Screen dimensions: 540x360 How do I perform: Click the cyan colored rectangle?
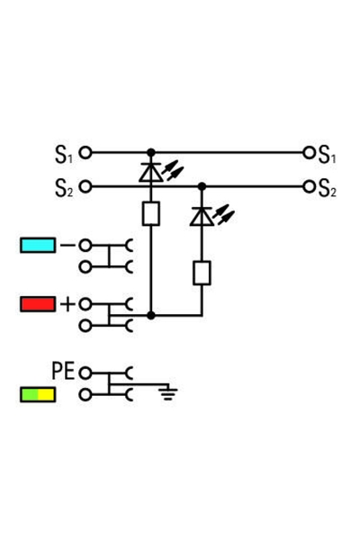click(37, 245)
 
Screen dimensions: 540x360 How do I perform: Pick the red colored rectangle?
click(37, 304)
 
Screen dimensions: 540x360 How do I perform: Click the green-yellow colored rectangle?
click(37, 394)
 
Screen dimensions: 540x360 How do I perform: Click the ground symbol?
click(166, 391)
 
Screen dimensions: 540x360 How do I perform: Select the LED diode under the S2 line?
click(201, 216)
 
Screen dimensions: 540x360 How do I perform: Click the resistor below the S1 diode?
click(150, 213)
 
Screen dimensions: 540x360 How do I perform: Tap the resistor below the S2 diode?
click(201, 273)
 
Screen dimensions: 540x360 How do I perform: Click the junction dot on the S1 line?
click(150, 153)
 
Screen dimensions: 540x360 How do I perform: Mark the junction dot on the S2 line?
click(201, 186)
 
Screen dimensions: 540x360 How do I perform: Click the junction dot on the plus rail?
click(150, 315)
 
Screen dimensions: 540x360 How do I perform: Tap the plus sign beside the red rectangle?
click(67, 304)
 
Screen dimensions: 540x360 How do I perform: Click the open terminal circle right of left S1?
click(85, 153)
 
